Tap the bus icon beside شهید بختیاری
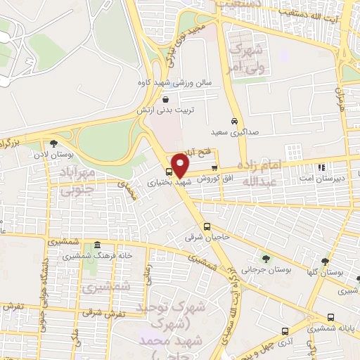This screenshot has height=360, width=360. point(169,172)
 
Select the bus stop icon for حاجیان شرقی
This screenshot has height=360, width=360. point(207,226)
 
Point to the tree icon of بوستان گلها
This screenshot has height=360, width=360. point(325,262)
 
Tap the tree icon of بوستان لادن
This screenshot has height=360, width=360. point(53,143)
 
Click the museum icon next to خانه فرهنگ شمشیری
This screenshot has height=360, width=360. point(97,245)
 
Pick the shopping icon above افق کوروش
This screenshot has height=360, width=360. point(214,167)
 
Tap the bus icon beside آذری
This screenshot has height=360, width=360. point(285,331)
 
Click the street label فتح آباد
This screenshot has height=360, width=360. point(195,153)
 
